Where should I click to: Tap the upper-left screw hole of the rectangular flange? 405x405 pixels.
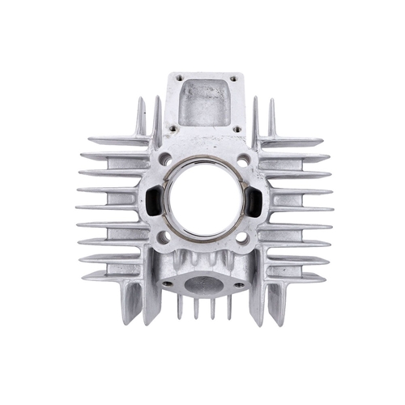click(173, 79)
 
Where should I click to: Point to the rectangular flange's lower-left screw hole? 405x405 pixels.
click(172, 127)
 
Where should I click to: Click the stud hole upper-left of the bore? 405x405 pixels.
click(166, 160)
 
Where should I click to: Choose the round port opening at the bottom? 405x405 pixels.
click(203, 283)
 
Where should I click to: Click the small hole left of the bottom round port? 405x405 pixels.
click(168, 284)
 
